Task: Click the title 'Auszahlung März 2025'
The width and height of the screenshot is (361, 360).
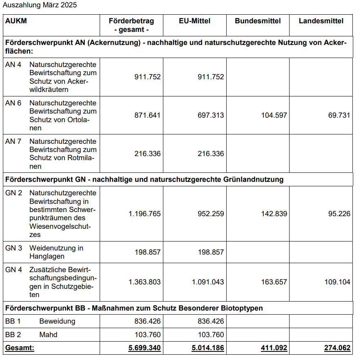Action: click(x=40, y=5)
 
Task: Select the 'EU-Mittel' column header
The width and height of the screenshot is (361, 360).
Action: click(x=195, y=21)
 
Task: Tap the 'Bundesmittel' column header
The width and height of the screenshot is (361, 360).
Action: click(x=258, y=21)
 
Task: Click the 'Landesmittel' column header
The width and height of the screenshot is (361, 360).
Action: click(x=321, y=21)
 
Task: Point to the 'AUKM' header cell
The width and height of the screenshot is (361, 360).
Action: click(x=16, y=21)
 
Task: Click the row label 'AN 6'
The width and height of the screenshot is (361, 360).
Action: click(x=13, y=103)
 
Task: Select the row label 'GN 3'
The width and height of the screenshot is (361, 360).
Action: click(x=13, y=248)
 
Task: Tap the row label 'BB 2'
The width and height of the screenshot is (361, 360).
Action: click(x=13, y=335)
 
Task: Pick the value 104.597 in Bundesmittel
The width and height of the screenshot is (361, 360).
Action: click(x=274, y=115)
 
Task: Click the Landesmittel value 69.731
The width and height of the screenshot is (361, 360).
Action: click(x=339, y=115)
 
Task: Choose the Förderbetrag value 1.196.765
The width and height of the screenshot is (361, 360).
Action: click(x=145, y=214)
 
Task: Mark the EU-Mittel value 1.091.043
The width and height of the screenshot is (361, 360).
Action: click(x=208, y=282)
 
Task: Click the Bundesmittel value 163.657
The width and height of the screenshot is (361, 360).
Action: click(x=274, y=282)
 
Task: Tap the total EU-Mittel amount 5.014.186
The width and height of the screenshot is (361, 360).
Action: click(x=208, y=348)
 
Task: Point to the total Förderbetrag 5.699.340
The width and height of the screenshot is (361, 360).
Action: click(x=145, y=348)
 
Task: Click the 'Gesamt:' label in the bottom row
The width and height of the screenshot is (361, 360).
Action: click(x=20, y=348)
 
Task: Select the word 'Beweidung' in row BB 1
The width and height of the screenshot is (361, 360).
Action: click(x=57, y=321)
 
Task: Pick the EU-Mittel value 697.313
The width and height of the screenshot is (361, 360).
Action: click(x=211, y=115)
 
